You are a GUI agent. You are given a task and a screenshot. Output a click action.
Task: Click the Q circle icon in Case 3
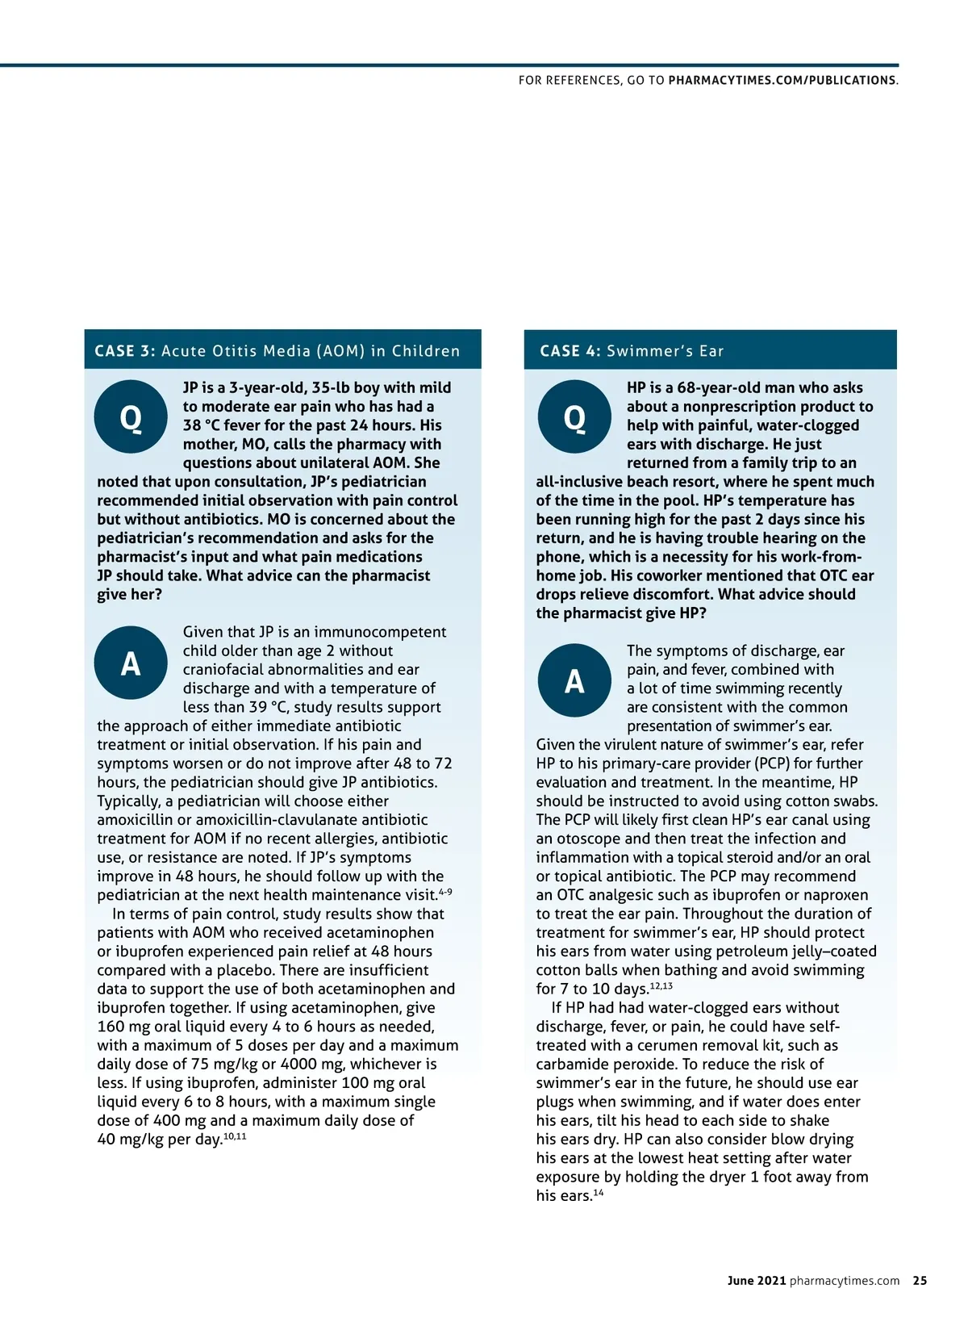point(131,416)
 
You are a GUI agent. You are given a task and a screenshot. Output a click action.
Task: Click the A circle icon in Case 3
point(131,663)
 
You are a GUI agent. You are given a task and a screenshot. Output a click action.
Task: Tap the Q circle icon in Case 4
point(574,416)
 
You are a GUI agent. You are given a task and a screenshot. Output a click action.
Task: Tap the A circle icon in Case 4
point(574,680)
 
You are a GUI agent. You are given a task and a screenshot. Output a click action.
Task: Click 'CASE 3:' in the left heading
point(125,351)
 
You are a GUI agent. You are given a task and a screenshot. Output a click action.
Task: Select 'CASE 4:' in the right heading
point(570,351)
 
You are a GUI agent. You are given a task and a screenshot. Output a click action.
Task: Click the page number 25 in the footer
point(920,1281)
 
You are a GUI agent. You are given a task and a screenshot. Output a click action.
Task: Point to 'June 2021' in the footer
point(756,1281)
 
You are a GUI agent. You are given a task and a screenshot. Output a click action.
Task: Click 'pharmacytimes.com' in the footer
point(845,1281)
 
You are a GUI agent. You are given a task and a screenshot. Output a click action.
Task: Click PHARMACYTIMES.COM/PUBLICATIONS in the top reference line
point(782,81)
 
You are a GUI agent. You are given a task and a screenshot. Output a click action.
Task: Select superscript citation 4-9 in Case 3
point(445,892)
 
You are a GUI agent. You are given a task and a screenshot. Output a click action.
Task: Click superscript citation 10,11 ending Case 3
point(235,1136)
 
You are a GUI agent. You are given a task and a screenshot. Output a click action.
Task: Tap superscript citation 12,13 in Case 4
point(661,986)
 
